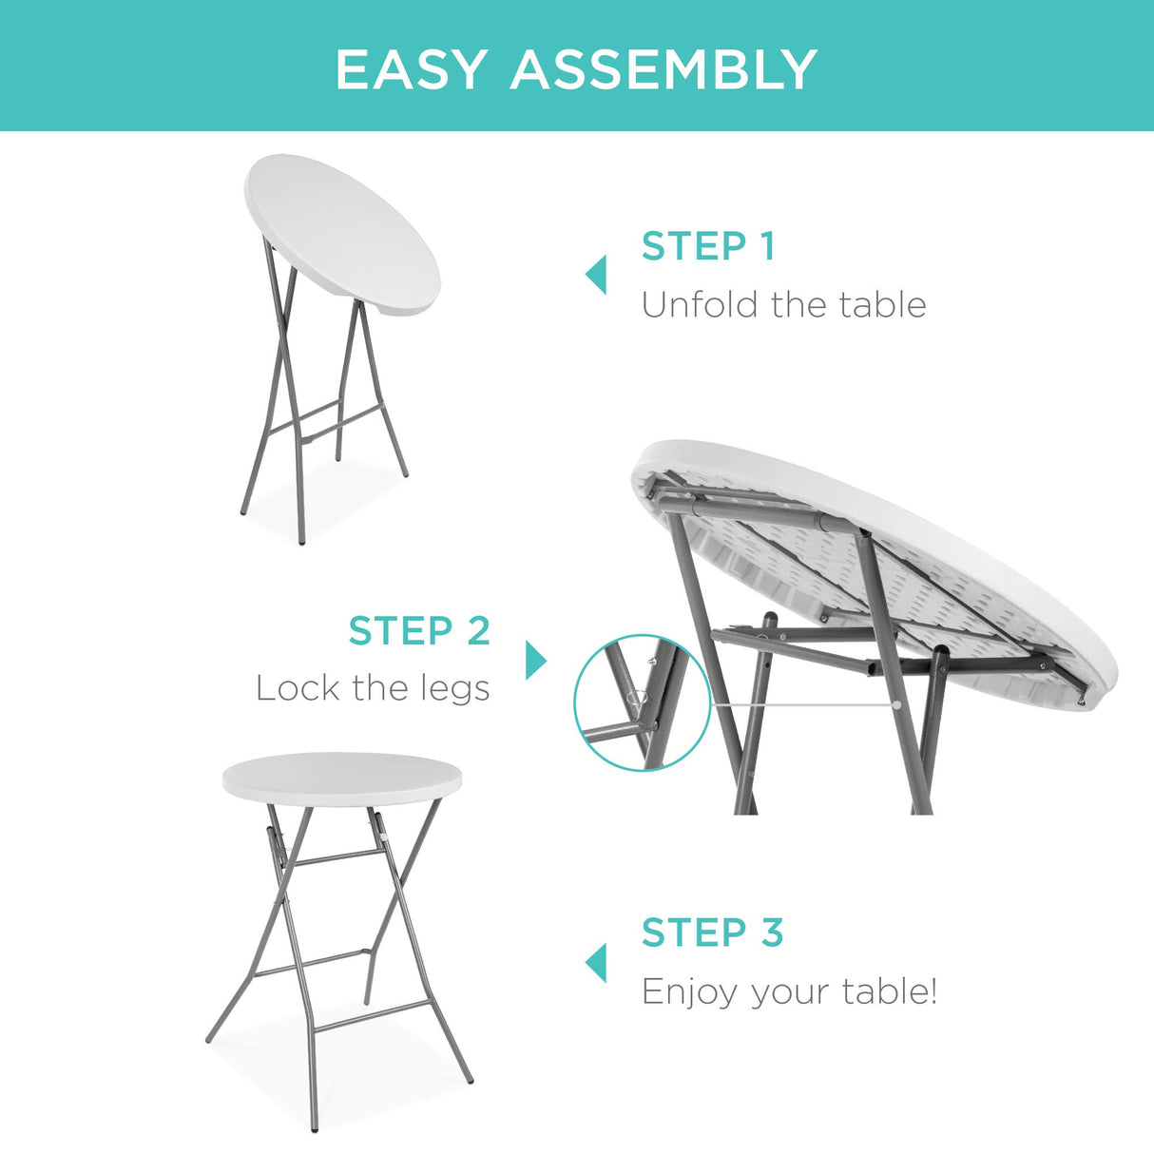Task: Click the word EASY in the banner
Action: click(x=411, y=69)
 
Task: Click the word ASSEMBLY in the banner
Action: click(x=664, y=69)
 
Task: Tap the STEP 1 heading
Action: click(x=708, y=246)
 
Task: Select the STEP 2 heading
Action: click(x=419, y=631)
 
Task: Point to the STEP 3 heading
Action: click(x=712, y=933)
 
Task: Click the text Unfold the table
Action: click(x=783, y=305)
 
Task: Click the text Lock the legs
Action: click(x=373, y=688)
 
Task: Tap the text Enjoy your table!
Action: click(x=789, y=991)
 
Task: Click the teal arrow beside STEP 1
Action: click(x=596, y=275)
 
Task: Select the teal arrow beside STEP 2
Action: click(x=536, y=660)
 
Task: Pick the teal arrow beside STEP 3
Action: click(x=596, y=962)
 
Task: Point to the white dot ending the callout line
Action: click(x=895, y=705)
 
